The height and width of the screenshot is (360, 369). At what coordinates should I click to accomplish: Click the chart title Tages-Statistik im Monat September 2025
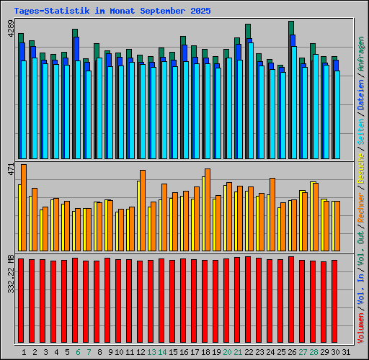(112, 12)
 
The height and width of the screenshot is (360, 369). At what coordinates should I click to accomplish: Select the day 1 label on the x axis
(24, 352)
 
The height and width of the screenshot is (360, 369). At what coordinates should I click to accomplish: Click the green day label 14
(163, 352)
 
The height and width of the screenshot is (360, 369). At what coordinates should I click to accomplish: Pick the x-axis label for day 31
(347, 352)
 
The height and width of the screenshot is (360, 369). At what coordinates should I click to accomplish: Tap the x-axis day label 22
(249, 352)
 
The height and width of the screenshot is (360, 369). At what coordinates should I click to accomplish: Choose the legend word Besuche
(361, 172)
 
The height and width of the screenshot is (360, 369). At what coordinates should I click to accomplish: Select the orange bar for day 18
(208, 209)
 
